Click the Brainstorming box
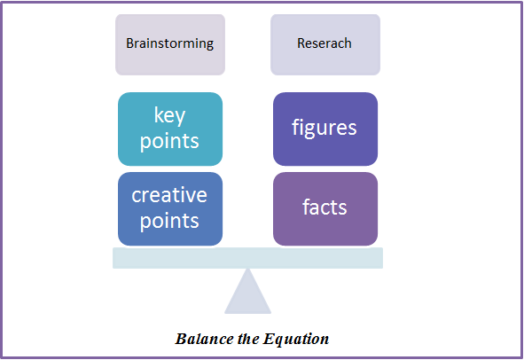point(170,44)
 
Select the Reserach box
point(325,44)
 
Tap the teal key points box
point(170,129)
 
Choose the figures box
point(325,129)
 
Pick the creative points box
point(170,209)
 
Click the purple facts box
point(325,209)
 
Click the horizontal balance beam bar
point(247,258)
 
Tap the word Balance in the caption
point(205,339)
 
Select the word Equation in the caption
point(296,340)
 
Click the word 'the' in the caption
point(248,339)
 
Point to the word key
point(169,116)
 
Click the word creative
point(169,195)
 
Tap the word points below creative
point(169,222)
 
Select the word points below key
point(169,142)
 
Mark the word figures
point(325,129)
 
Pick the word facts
point(325,207)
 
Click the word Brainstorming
point(169,43)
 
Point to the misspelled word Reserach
point(325,43)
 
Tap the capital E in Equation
point(269,339)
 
